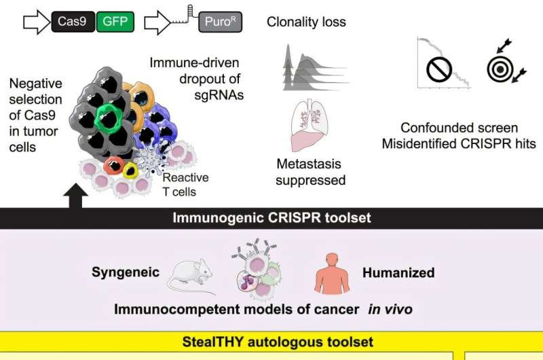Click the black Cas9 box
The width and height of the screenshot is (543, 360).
[x=72, y=22]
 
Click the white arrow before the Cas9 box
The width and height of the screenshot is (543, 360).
[x=34, y=22]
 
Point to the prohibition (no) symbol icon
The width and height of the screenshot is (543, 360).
[x=439, y=69]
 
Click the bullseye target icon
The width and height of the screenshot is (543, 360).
[x=501, y=68]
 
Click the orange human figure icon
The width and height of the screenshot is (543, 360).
[x=331, y=272]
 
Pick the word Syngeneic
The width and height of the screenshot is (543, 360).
[x=126, y=272]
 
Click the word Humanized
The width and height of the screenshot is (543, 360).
[x=398, y=273]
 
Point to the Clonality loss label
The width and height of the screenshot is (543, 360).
[x=306, y=22]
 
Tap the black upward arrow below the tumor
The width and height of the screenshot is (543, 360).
[x=75, y=196]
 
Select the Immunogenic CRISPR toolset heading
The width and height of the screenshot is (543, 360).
[x=272, y=219]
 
